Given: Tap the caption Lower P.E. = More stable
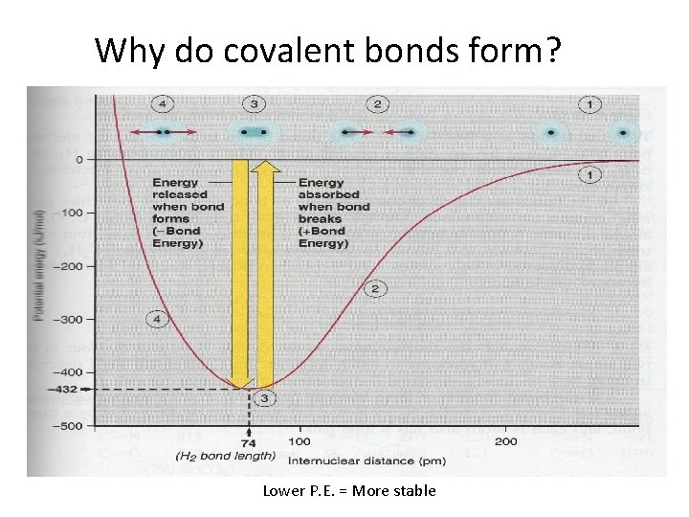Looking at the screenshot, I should click(349, 491).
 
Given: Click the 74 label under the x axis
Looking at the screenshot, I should click(249, 443).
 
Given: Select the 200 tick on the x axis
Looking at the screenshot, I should click(505, 441).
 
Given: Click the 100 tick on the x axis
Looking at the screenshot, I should click(299, 441).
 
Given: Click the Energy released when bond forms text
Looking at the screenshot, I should click(188, 213).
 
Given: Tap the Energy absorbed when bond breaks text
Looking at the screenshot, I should click(333, 213).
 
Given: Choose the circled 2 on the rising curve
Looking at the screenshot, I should click(374, 288).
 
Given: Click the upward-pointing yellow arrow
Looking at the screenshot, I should click(266, 273).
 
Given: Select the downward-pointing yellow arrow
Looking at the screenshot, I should click(241, 273).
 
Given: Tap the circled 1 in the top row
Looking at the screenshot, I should click(589, 103).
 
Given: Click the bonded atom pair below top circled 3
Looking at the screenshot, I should click(254, 132).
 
